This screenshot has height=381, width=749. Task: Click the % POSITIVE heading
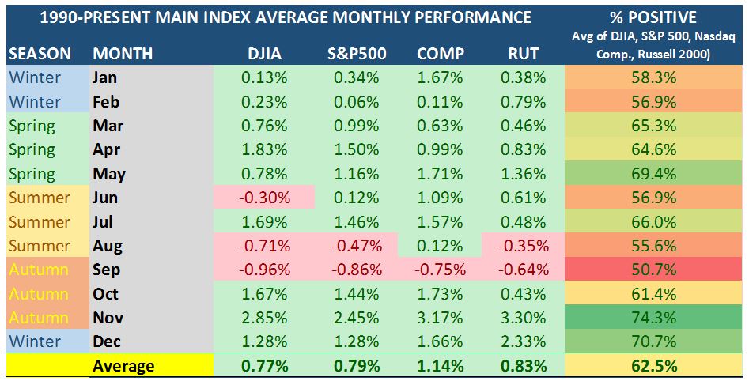click(x=656, y=17)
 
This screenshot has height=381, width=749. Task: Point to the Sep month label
click(x=106, y=270)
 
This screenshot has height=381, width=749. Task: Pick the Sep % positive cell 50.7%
click(x=656, y=270)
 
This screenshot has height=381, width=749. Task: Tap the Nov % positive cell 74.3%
click(x=656, y=318)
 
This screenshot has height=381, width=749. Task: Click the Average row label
click(x=123, y=366)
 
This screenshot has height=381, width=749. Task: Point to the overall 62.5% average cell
click(x=656, y=366)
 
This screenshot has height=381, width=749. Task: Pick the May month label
click(x=108, y=174)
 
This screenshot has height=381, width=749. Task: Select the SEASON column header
click(x=40, y=55)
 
